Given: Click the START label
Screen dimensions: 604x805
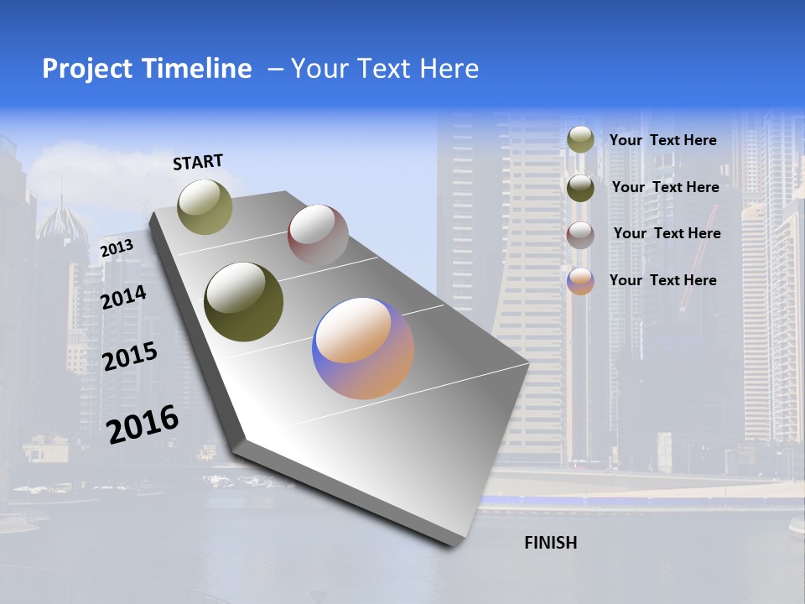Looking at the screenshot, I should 198,162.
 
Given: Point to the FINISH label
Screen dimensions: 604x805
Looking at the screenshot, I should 551,543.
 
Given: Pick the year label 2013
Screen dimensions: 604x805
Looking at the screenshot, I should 117,247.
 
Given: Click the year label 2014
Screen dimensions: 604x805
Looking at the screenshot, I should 123,298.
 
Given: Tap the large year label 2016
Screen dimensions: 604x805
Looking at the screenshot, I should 143,424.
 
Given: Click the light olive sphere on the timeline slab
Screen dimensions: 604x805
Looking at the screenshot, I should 205,206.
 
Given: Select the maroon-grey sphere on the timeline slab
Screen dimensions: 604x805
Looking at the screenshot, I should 318,235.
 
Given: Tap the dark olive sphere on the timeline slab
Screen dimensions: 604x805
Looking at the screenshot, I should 244,302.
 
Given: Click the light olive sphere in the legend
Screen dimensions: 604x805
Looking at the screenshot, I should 580,140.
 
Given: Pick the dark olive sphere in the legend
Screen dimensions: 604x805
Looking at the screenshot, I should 580,188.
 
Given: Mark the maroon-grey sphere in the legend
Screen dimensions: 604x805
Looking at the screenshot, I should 580,235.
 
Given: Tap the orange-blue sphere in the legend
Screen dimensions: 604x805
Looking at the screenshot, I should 580,281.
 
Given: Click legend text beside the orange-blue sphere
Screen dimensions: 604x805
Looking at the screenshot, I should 662,280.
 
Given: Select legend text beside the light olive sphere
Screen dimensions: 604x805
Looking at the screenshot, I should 662,140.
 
